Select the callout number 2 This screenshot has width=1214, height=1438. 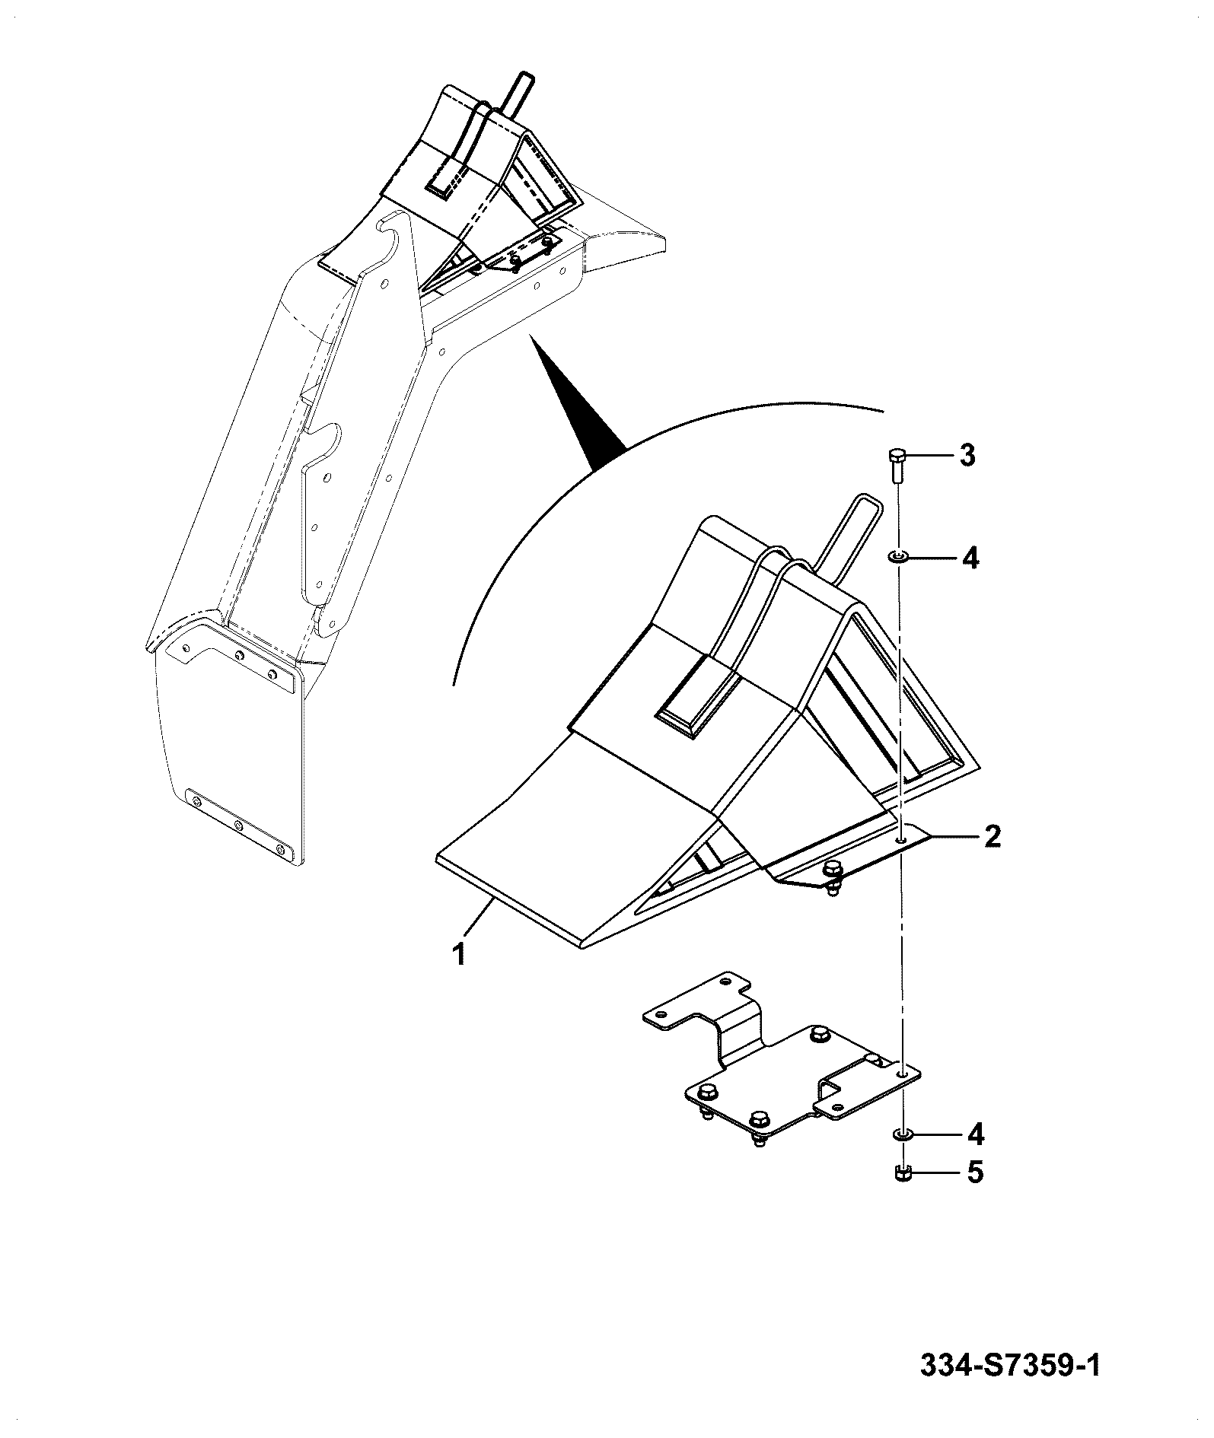(x=992, y=837)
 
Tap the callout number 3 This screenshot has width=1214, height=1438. (x=967, y=457)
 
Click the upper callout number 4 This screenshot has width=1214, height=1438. (x=969, y=558)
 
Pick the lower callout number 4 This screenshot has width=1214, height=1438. (x=974, y=1156)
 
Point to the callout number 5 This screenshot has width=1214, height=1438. (x=975, y=1193)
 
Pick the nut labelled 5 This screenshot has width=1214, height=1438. (x=902, y=1194)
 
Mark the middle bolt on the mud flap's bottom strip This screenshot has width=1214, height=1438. (x=238, y=826)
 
